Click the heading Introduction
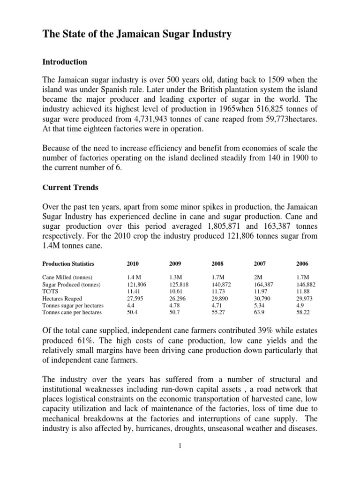tap(65, 61)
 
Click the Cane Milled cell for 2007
tap(259, 277)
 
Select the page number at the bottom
tap(180, 445)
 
